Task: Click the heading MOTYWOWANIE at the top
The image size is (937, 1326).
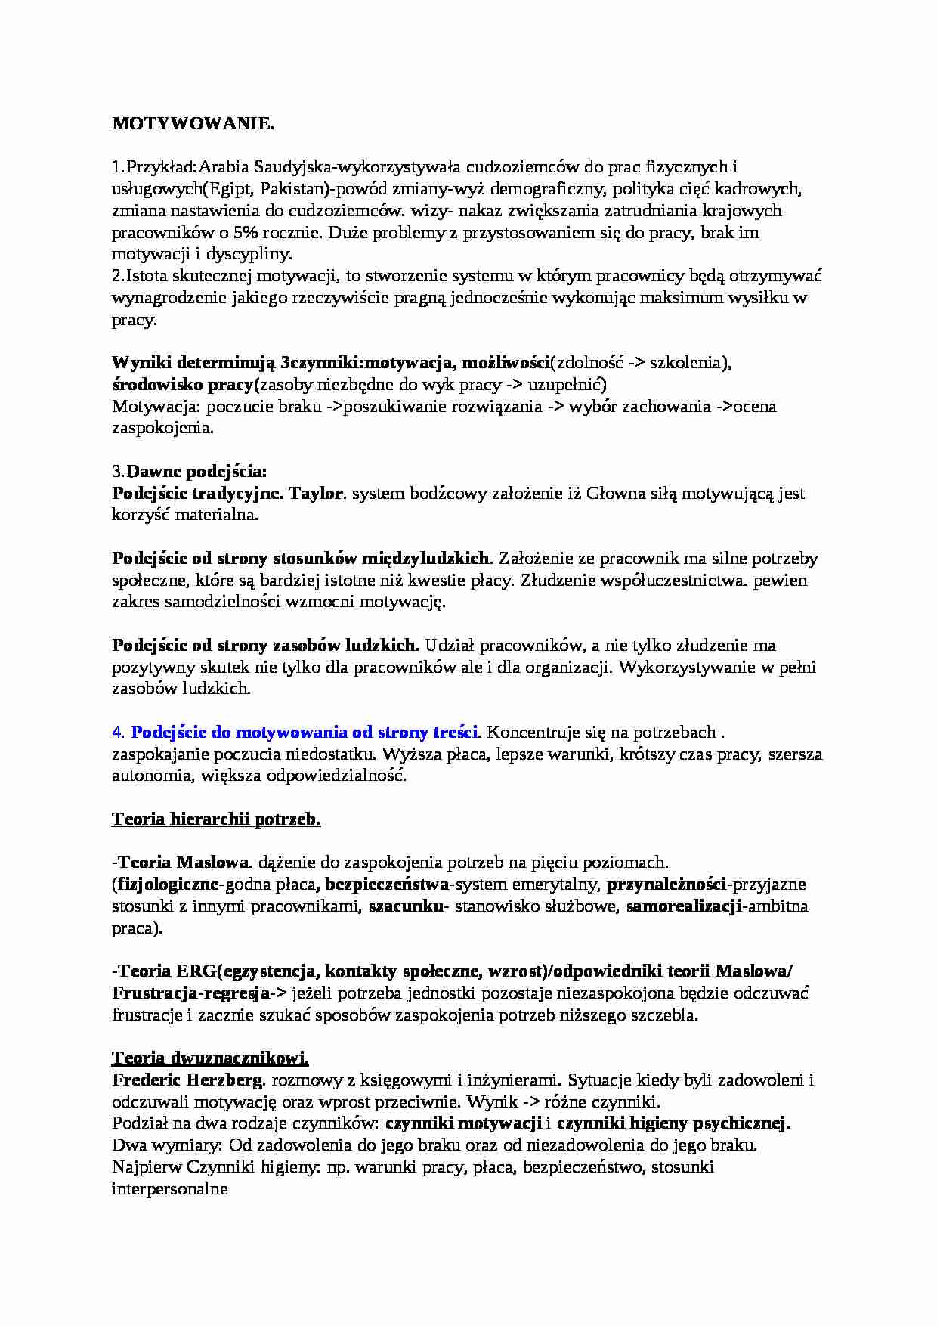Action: (193, 123)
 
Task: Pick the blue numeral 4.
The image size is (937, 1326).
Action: (117, 733)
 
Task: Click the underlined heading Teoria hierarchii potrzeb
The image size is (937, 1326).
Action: (216, 819)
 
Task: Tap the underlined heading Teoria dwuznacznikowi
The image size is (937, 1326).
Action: (210, 1058)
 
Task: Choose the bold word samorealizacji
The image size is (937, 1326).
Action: (682, 906)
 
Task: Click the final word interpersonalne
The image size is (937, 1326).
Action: (170, 1188)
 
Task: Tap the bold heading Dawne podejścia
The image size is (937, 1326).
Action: (196, 472)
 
